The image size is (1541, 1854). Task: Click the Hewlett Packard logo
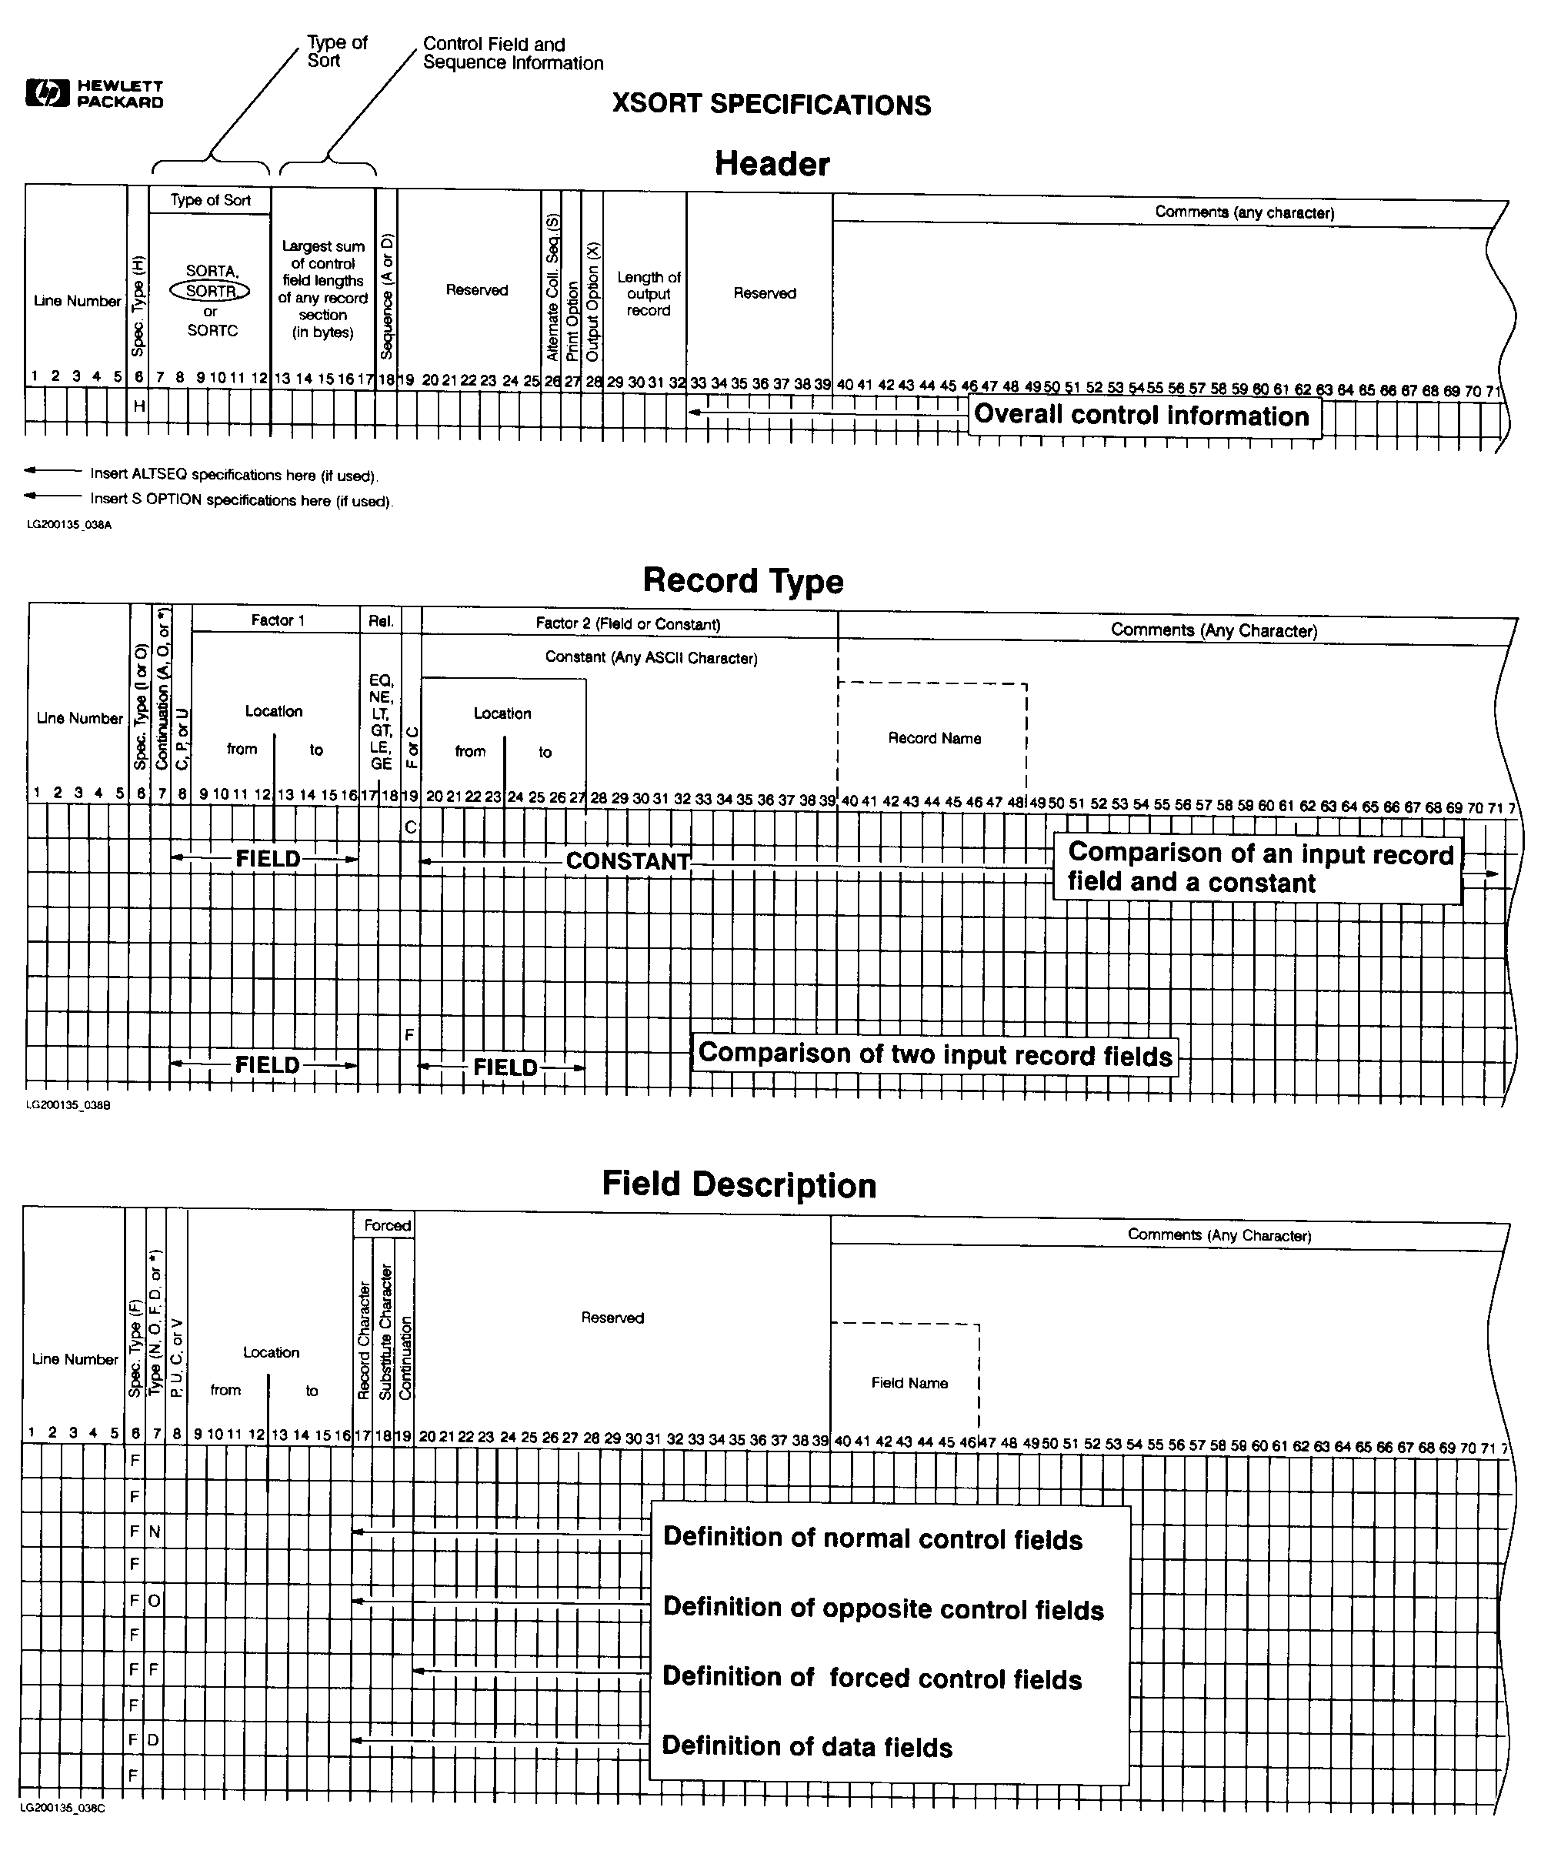point(95,94)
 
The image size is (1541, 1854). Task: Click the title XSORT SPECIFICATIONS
point(772,105)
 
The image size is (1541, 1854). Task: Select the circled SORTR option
point(210,290)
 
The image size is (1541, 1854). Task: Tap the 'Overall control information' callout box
point(1145,416)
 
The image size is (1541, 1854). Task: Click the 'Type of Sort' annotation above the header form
point(336,52)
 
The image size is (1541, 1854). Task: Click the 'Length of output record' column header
point(649,294)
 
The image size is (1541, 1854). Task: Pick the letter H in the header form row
point(138,406)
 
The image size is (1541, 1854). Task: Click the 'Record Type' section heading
point(742,581)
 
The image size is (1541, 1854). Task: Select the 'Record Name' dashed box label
point(934,738)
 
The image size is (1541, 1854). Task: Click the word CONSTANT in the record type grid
point(628,860)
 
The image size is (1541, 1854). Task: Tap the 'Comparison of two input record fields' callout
point(935,1054)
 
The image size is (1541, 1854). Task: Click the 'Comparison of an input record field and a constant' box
point(1258,869)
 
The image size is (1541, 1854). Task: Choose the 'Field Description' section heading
point(739,1184)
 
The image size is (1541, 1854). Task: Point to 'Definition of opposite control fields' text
point(882,1608)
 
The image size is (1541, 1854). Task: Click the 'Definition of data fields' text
point(807,1746)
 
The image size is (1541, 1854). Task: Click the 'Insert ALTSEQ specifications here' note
point(233,475)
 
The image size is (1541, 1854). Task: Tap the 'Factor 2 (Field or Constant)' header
point(628,624)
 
